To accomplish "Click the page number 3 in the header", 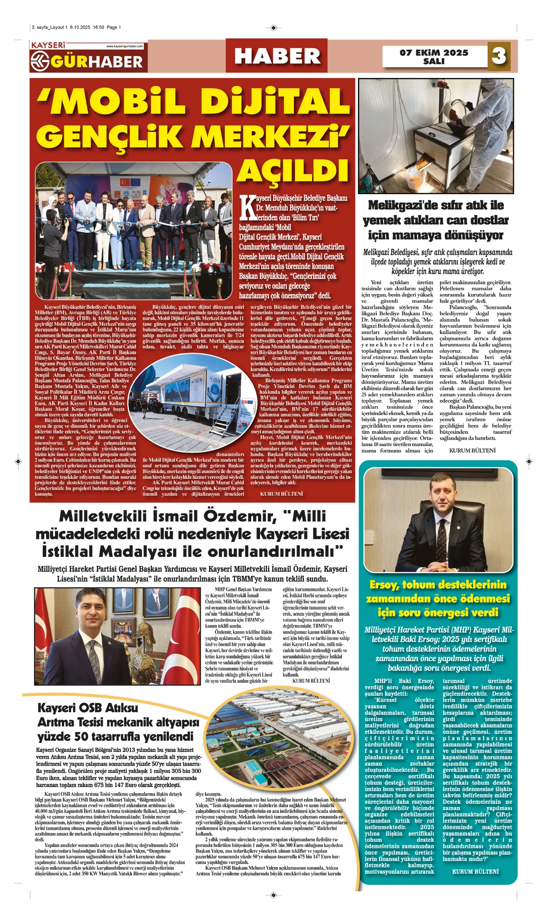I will (499, 56).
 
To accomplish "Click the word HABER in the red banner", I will (277, 56).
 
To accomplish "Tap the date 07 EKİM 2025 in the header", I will (434, 53).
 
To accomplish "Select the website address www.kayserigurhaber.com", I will (125, 46).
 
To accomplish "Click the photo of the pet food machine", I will (435, 136).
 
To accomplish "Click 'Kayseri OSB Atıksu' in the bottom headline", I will (88, 708).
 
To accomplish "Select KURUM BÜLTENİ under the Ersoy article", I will (475, 871).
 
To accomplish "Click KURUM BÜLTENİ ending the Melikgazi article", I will (472, 450).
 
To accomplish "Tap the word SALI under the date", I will (434, 62).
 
